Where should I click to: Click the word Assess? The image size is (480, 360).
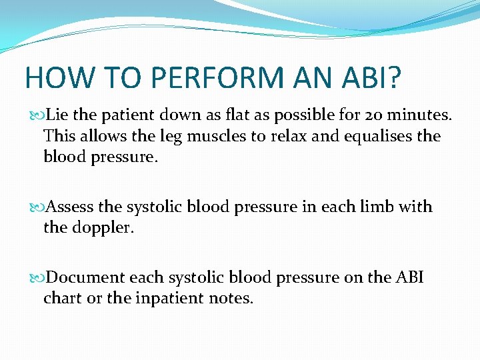[71, 207]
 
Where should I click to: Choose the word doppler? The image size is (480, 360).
[103, 228]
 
